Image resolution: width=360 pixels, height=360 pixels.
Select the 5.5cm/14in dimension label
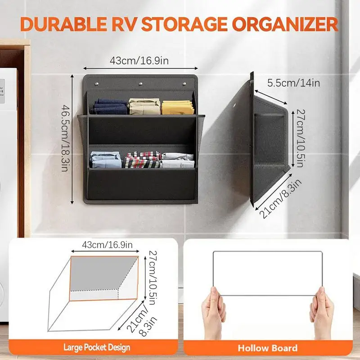pyautogui.click(x=294, y=83)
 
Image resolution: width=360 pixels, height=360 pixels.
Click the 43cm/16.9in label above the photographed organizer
pyautogui.click(x=140, y=60)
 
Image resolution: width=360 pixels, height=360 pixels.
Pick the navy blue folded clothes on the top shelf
pyautogui.click(x=109, y=107)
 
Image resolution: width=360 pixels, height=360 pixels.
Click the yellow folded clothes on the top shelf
pyautogui.click(x=177, y=107)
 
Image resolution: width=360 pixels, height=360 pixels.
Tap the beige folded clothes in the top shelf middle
pyautogui.click(x=144, y=106)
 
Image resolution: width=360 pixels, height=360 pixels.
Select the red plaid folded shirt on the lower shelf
pyautogui.click(x=143, y=159)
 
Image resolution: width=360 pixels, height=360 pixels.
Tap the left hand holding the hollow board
pyautogui.click(x=214, y=311)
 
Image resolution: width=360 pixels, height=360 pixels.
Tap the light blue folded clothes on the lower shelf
pyautogui.click(x=106, y=160)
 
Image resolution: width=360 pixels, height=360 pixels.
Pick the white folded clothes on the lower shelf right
pyautogui.click(x=177, y=160)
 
